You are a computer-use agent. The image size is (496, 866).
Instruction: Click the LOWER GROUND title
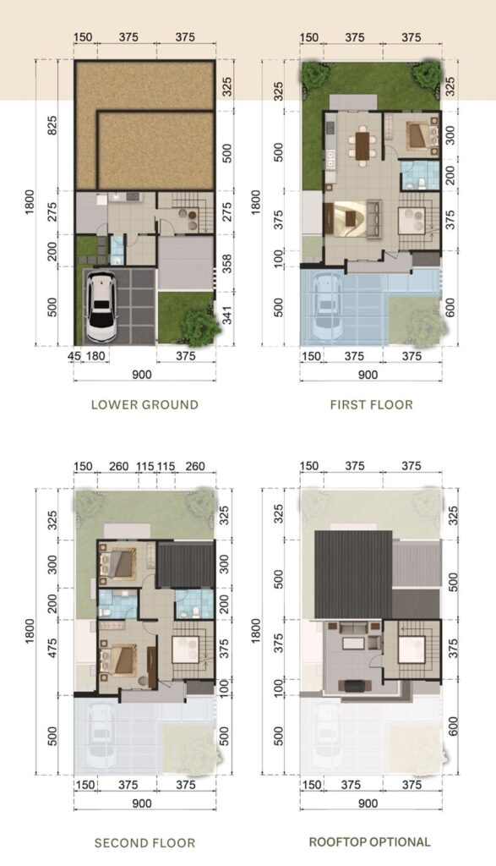(x=144, y=404)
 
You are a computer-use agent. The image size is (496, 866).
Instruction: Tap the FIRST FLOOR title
(x=371, y=404)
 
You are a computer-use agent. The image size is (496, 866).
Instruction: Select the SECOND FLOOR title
(x=144, y=843)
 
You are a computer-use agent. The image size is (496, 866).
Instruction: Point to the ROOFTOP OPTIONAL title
(x=369, y=841)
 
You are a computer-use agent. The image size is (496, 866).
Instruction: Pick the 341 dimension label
(x=226, y=315)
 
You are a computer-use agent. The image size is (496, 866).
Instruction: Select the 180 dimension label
(x=95, y=356)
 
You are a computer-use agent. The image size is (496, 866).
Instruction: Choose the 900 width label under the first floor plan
(x=368, y=375)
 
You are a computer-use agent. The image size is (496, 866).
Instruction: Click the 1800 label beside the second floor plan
(x=30, y=630)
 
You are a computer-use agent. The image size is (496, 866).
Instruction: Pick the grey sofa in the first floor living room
(x=373, y=217)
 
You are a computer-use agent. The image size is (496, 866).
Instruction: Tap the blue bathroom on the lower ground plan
(x=117, y=250)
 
